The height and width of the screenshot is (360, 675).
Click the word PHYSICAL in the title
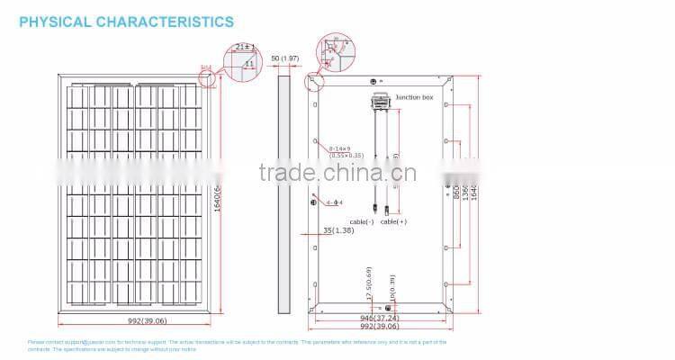(57, 21)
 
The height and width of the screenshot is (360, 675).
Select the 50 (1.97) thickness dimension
(285, 58)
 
